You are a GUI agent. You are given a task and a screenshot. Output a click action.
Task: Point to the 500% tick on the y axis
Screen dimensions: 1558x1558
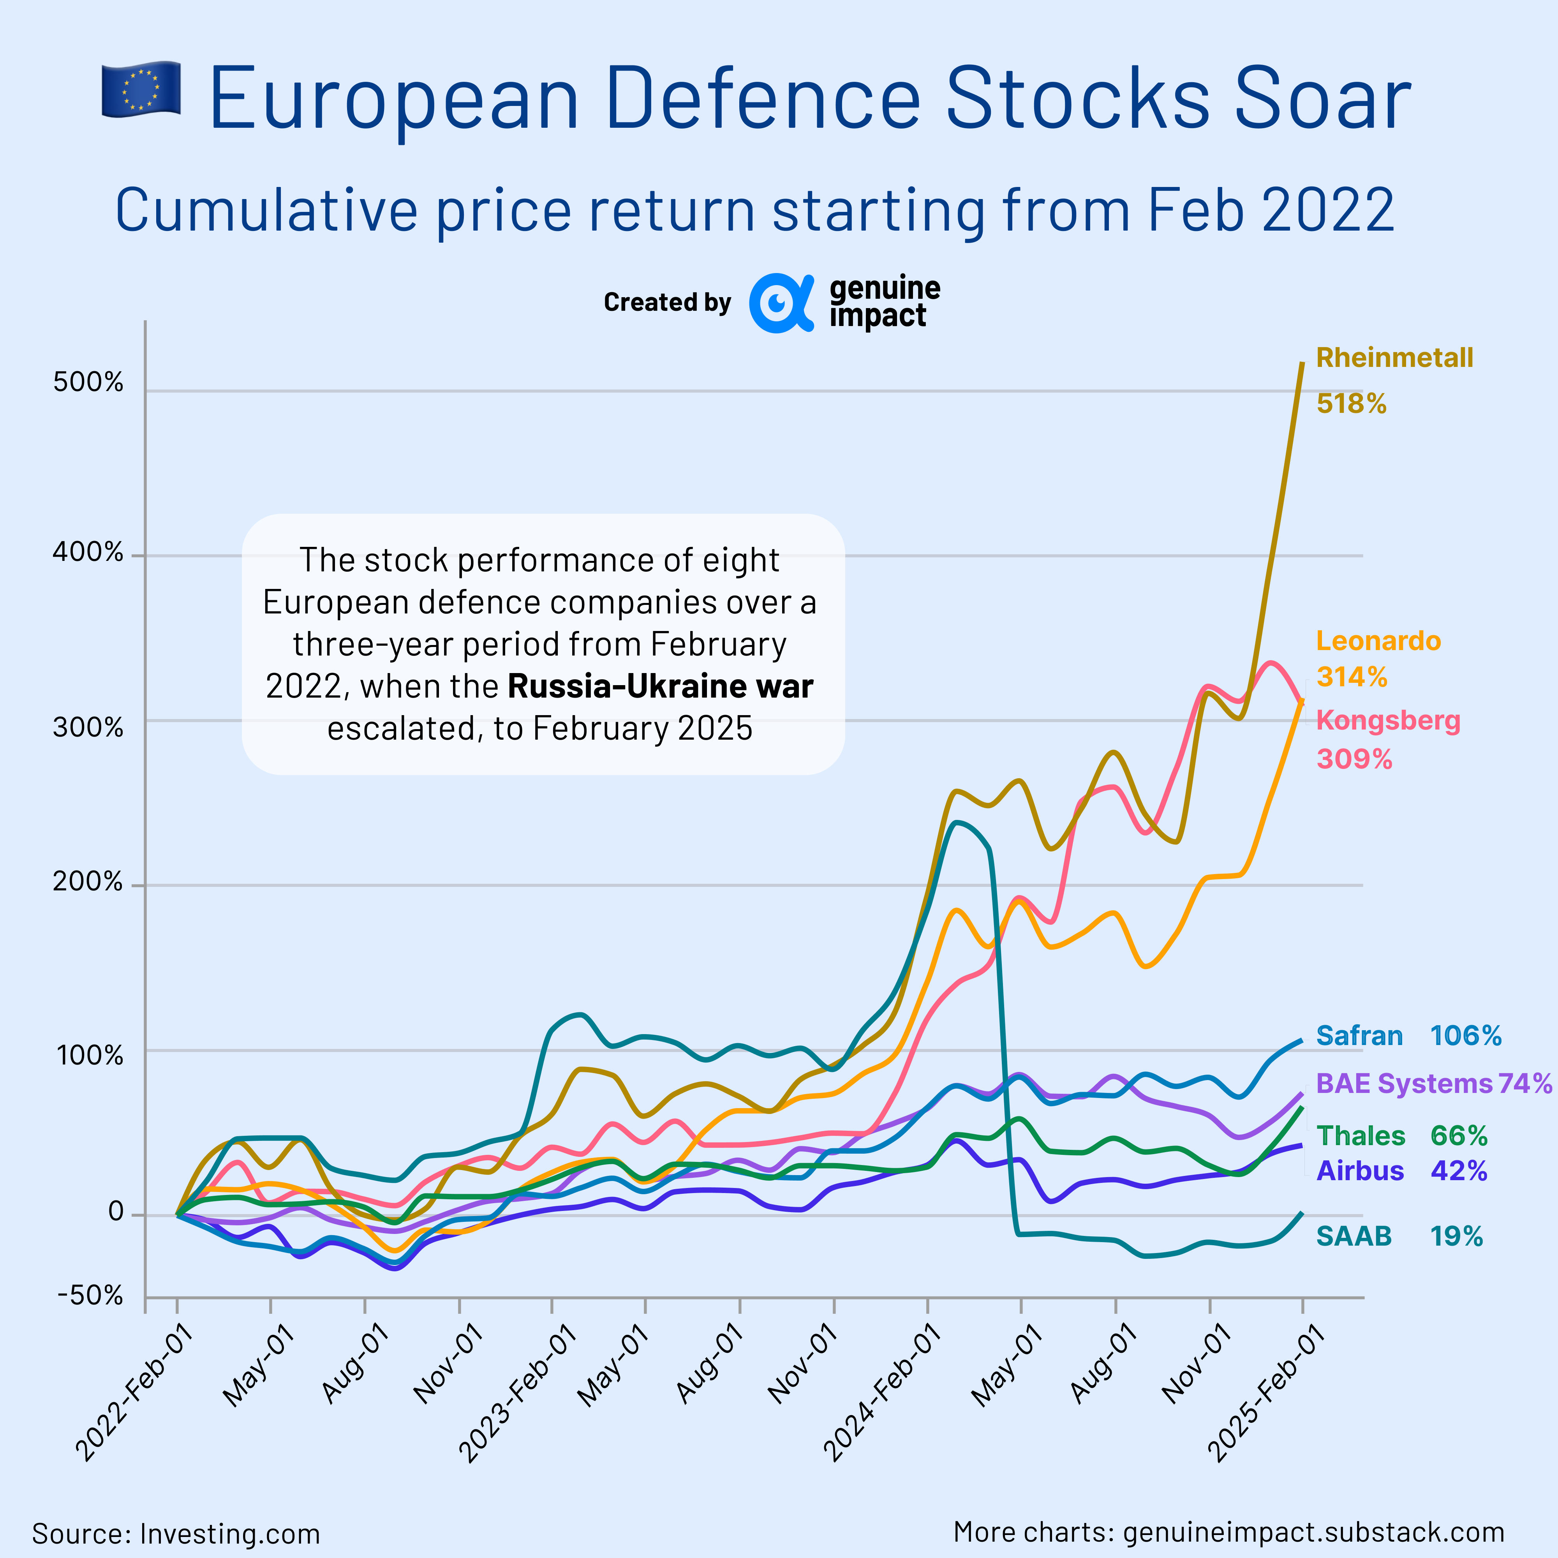(89, 382)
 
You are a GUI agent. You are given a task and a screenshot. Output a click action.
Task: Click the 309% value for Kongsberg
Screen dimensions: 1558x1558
(1354, 759)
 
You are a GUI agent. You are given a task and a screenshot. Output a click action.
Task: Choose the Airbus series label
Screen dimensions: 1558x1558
(1360, 1171)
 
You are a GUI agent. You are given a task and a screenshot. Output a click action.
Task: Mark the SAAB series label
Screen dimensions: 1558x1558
(1354, 1236)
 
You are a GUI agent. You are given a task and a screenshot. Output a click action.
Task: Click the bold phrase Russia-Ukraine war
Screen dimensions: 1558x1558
(661, 686)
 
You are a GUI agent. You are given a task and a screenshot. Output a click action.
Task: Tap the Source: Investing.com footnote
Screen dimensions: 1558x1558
(176, 1533)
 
